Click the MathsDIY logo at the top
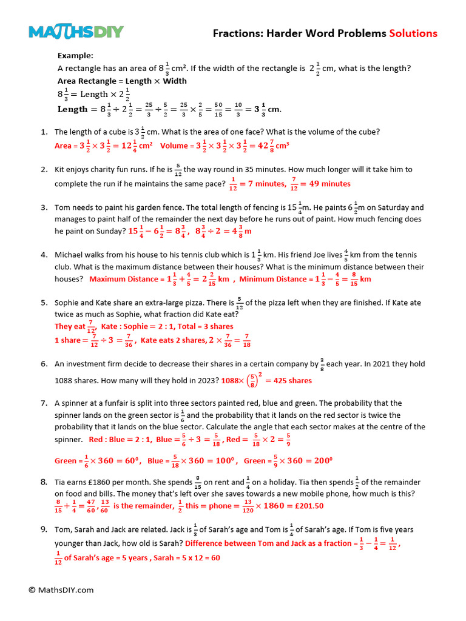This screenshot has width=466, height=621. pos(76,32)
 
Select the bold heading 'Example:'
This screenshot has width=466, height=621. pos(75,55)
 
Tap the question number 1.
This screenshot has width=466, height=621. pos(44,132)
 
